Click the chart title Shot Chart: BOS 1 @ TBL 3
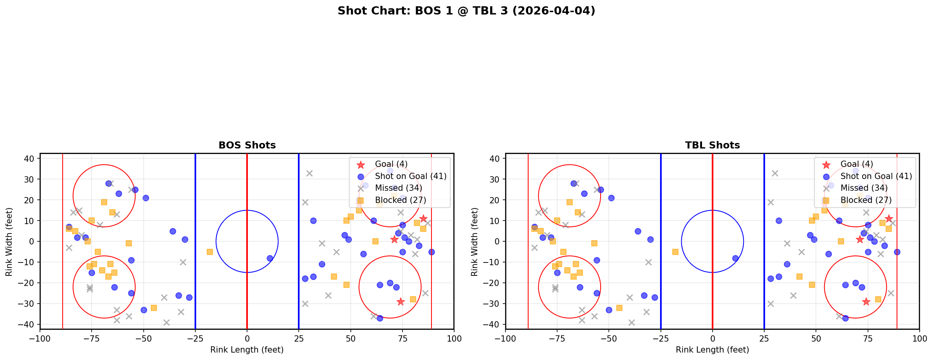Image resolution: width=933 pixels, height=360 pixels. [x=466, y=11]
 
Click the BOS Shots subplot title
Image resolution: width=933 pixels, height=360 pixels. [x=247, y=145]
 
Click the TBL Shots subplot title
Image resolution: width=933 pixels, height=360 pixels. [x=712, y=145]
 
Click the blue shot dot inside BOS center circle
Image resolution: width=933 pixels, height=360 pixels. [x=270, y=258]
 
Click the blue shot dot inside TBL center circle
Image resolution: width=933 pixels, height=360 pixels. [x=735, y=258]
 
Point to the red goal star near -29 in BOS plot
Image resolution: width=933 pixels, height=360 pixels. [x=400, y=302]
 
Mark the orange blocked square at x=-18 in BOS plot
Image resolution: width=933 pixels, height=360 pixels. [x=210, y=252]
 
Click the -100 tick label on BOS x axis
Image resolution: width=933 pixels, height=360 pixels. [x=40, y=338]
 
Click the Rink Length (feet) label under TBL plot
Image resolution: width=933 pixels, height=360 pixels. [x=712, y=350]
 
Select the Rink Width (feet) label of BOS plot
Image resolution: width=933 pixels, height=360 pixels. [x=9, y=242]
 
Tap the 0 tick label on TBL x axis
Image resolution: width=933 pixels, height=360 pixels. [x=712, y=338]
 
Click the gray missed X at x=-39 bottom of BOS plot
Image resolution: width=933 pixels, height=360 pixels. [x=166, y=322]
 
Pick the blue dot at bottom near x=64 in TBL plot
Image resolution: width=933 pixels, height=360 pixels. [x=845, y=318]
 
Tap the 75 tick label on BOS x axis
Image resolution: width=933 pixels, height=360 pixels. [x=402, y=338]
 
